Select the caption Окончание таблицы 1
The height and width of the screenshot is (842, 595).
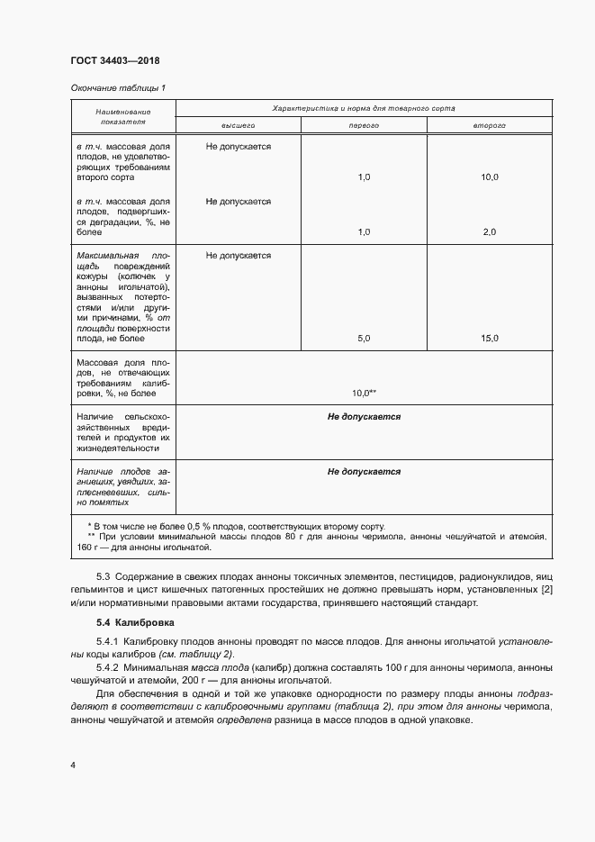[117, 87]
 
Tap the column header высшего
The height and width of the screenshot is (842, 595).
[238, 126]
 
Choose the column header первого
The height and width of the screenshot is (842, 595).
[364, 126]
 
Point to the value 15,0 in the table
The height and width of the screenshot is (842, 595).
[490, 339]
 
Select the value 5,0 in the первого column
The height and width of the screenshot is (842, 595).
[364, 339]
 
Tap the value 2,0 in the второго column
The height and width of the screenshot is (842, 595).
[490, 232]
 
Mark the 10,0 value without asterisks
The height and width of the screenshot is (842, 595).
[490, 178]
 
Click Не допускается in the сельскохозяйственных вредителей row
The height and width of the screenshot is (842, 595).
[364, 417]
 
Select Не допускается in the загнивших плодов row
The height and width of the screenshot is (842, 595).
[364, 471]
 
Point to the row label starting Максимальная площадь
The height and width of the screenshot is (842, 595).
[122, 297]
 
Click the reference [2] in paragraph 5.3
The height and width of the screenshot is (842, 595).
[545, 589]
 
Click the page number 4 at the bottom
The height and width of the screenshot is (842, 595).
[72, 765]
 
